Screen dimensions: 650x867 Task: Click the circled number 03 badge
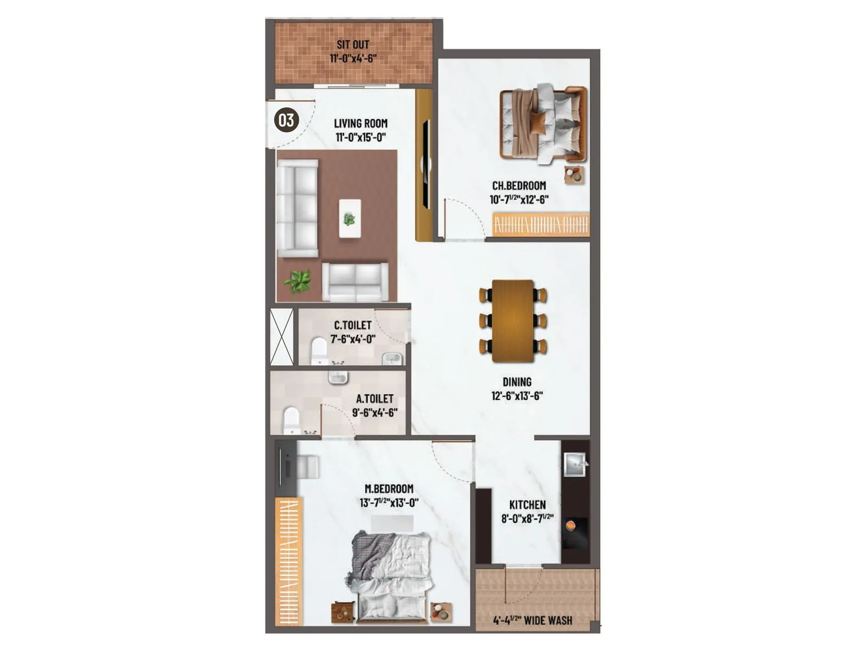click(286, 120)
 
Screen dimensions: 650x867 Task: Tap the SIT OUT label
click(353, 44)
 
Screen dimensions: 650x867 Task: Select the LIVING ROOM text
click(360, 123)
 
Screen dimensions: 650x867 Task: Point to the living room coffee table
click(350, 218)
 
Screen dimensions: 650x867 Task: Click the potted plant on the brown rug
click(298, 281)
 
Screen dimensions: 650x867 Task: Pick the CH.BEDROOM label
click(519, 185)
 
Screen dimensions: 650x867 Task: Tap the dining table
click(513, 321)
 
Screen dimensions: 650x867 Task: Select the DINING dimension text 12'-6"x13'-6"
click(517, 396)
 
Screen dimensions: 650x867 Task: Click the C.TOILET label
click(353, 325)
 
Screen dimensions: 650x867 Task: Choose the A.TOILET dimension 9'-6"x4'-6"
click(374, 412)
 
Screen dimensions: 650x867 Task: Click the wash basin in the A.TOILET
click(338, 377)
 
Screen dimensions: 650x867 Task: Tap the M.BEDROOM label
click(389, 489)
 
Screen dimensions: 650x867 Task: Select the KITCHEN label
click(527, 505)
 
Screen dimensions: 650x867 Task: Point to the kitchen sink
click(574, 463)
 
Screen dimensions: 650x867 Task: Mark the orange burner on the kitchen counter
click(571, 525)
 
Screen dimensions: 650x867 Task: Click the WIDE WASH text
click(548, 621)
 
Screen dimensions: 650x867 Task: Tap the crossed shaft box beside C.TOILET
click(282, 336)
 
